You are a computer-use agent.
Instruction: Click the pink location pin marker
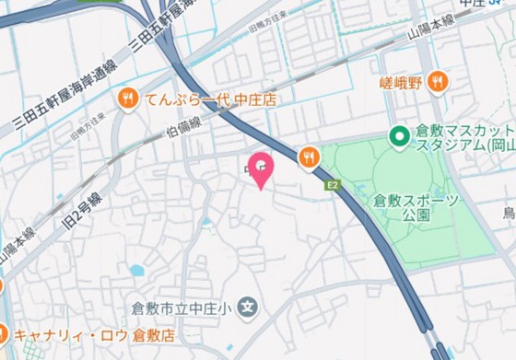263,168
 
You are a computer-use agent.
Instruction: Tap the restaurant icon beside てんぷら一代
127,96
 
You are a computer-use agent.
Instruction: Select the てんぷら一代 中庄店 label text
210,98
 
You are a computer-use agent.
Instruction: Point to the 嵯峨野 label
401,82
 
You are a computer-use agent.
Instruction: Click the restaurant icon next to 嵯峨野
438,81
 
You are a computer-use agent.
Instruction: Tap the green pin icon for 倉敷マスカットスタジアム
399,138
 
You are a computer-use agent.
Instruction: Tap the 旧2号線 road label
82,207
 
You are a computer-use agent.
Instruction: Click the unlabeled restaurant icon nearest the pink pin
309,157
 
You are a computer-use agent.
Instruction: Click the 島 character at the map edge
509,215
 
